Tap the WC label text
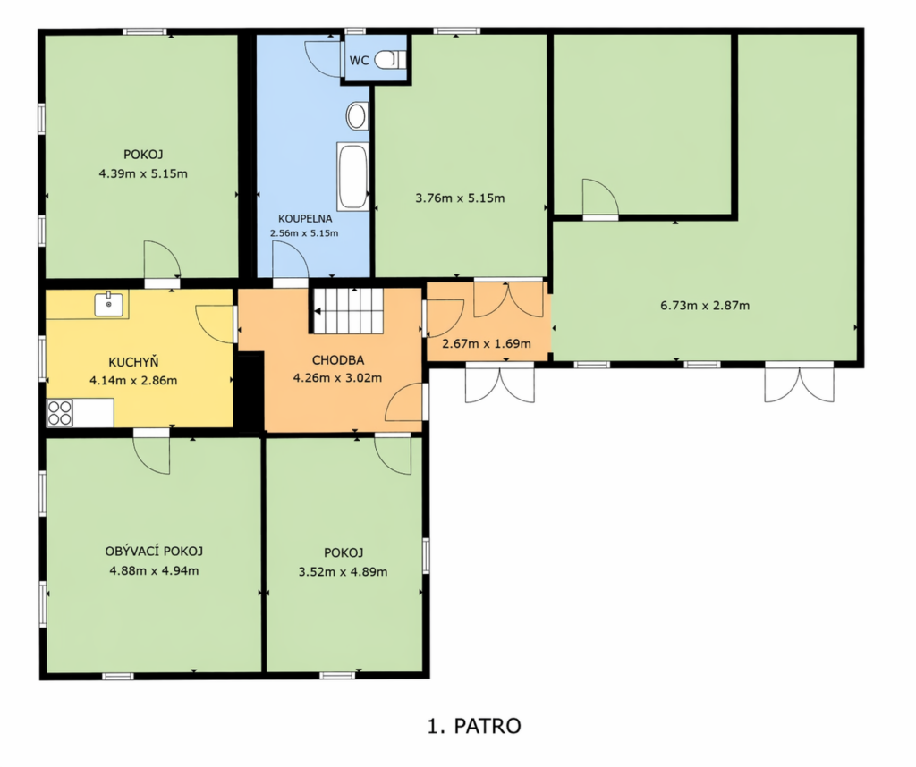click(360, 61)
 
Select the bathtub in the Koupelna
click(352, 175)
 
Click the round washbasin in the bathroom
click(357, 116)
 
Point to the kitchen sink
click(110, 303)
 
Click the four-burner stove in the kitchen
click(60, 412)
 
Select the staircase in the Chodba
click(347, 309)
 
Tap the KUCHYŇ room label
click(133, 362)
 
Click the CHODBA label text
click(337, 360)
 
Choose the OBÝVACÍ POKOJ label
click(154, 552)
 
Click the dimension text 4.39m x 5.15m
click(143, 173)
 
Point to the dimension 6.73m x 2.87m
click(705, 305)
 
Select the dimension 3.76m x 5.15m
click(460, 198)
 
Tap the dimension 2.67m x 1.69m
click(487, 343)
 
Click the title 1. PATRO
click(474, 726)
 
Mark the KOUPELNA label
click(305, 218)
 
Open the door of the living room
click(150, 451)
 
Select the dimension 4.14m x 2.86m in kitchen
click(132, 380)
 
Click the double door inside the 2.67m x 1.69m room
click(507, 299)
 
